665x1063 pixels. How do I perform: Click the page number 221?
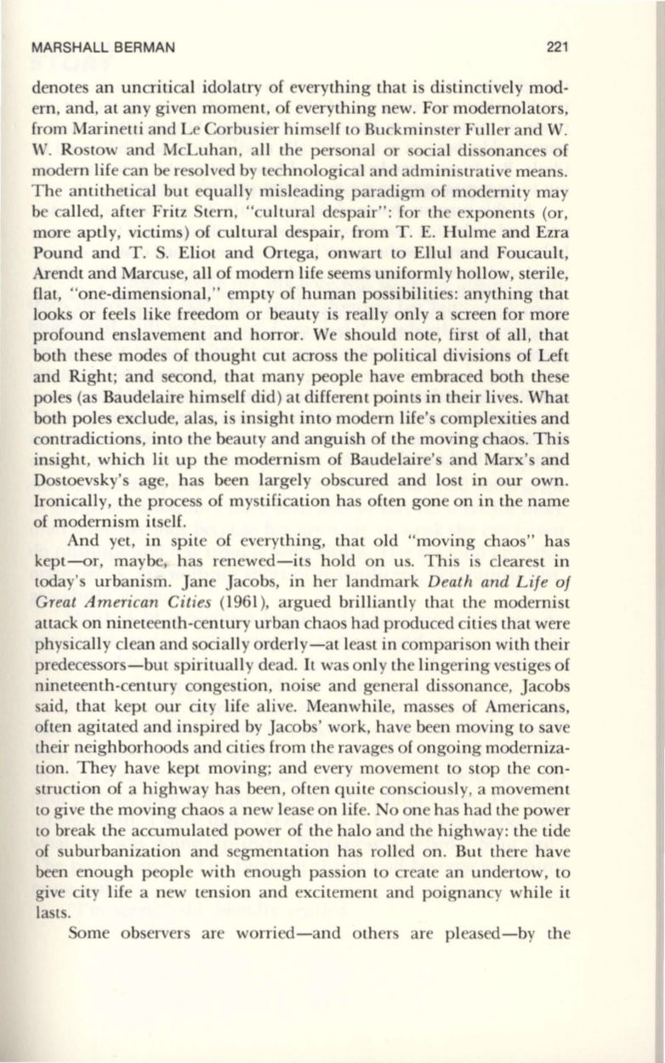(x=557, y=48)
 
